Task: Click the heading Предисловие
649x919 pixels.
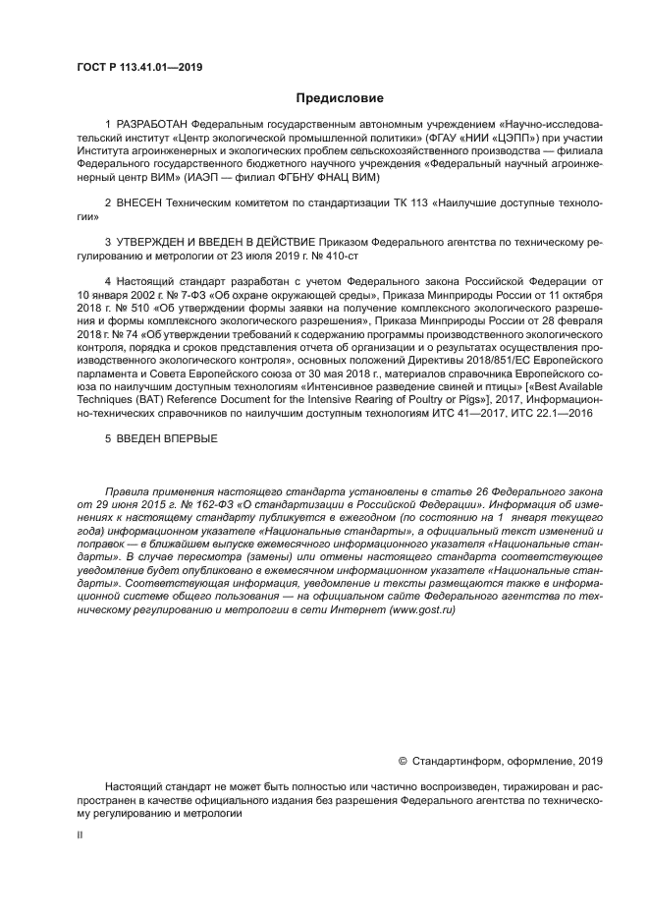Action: pos(341,98)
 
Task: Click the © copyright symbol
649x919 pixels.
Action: pos(403,760)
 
